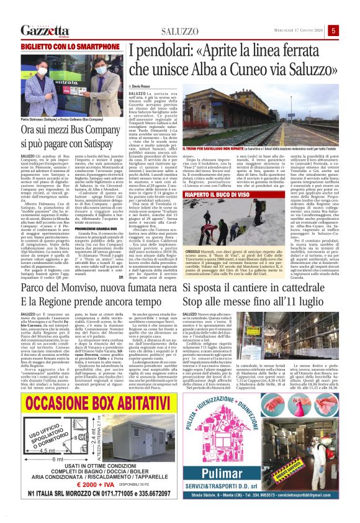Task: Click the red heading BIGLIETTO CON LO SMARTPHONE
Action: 60,47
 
